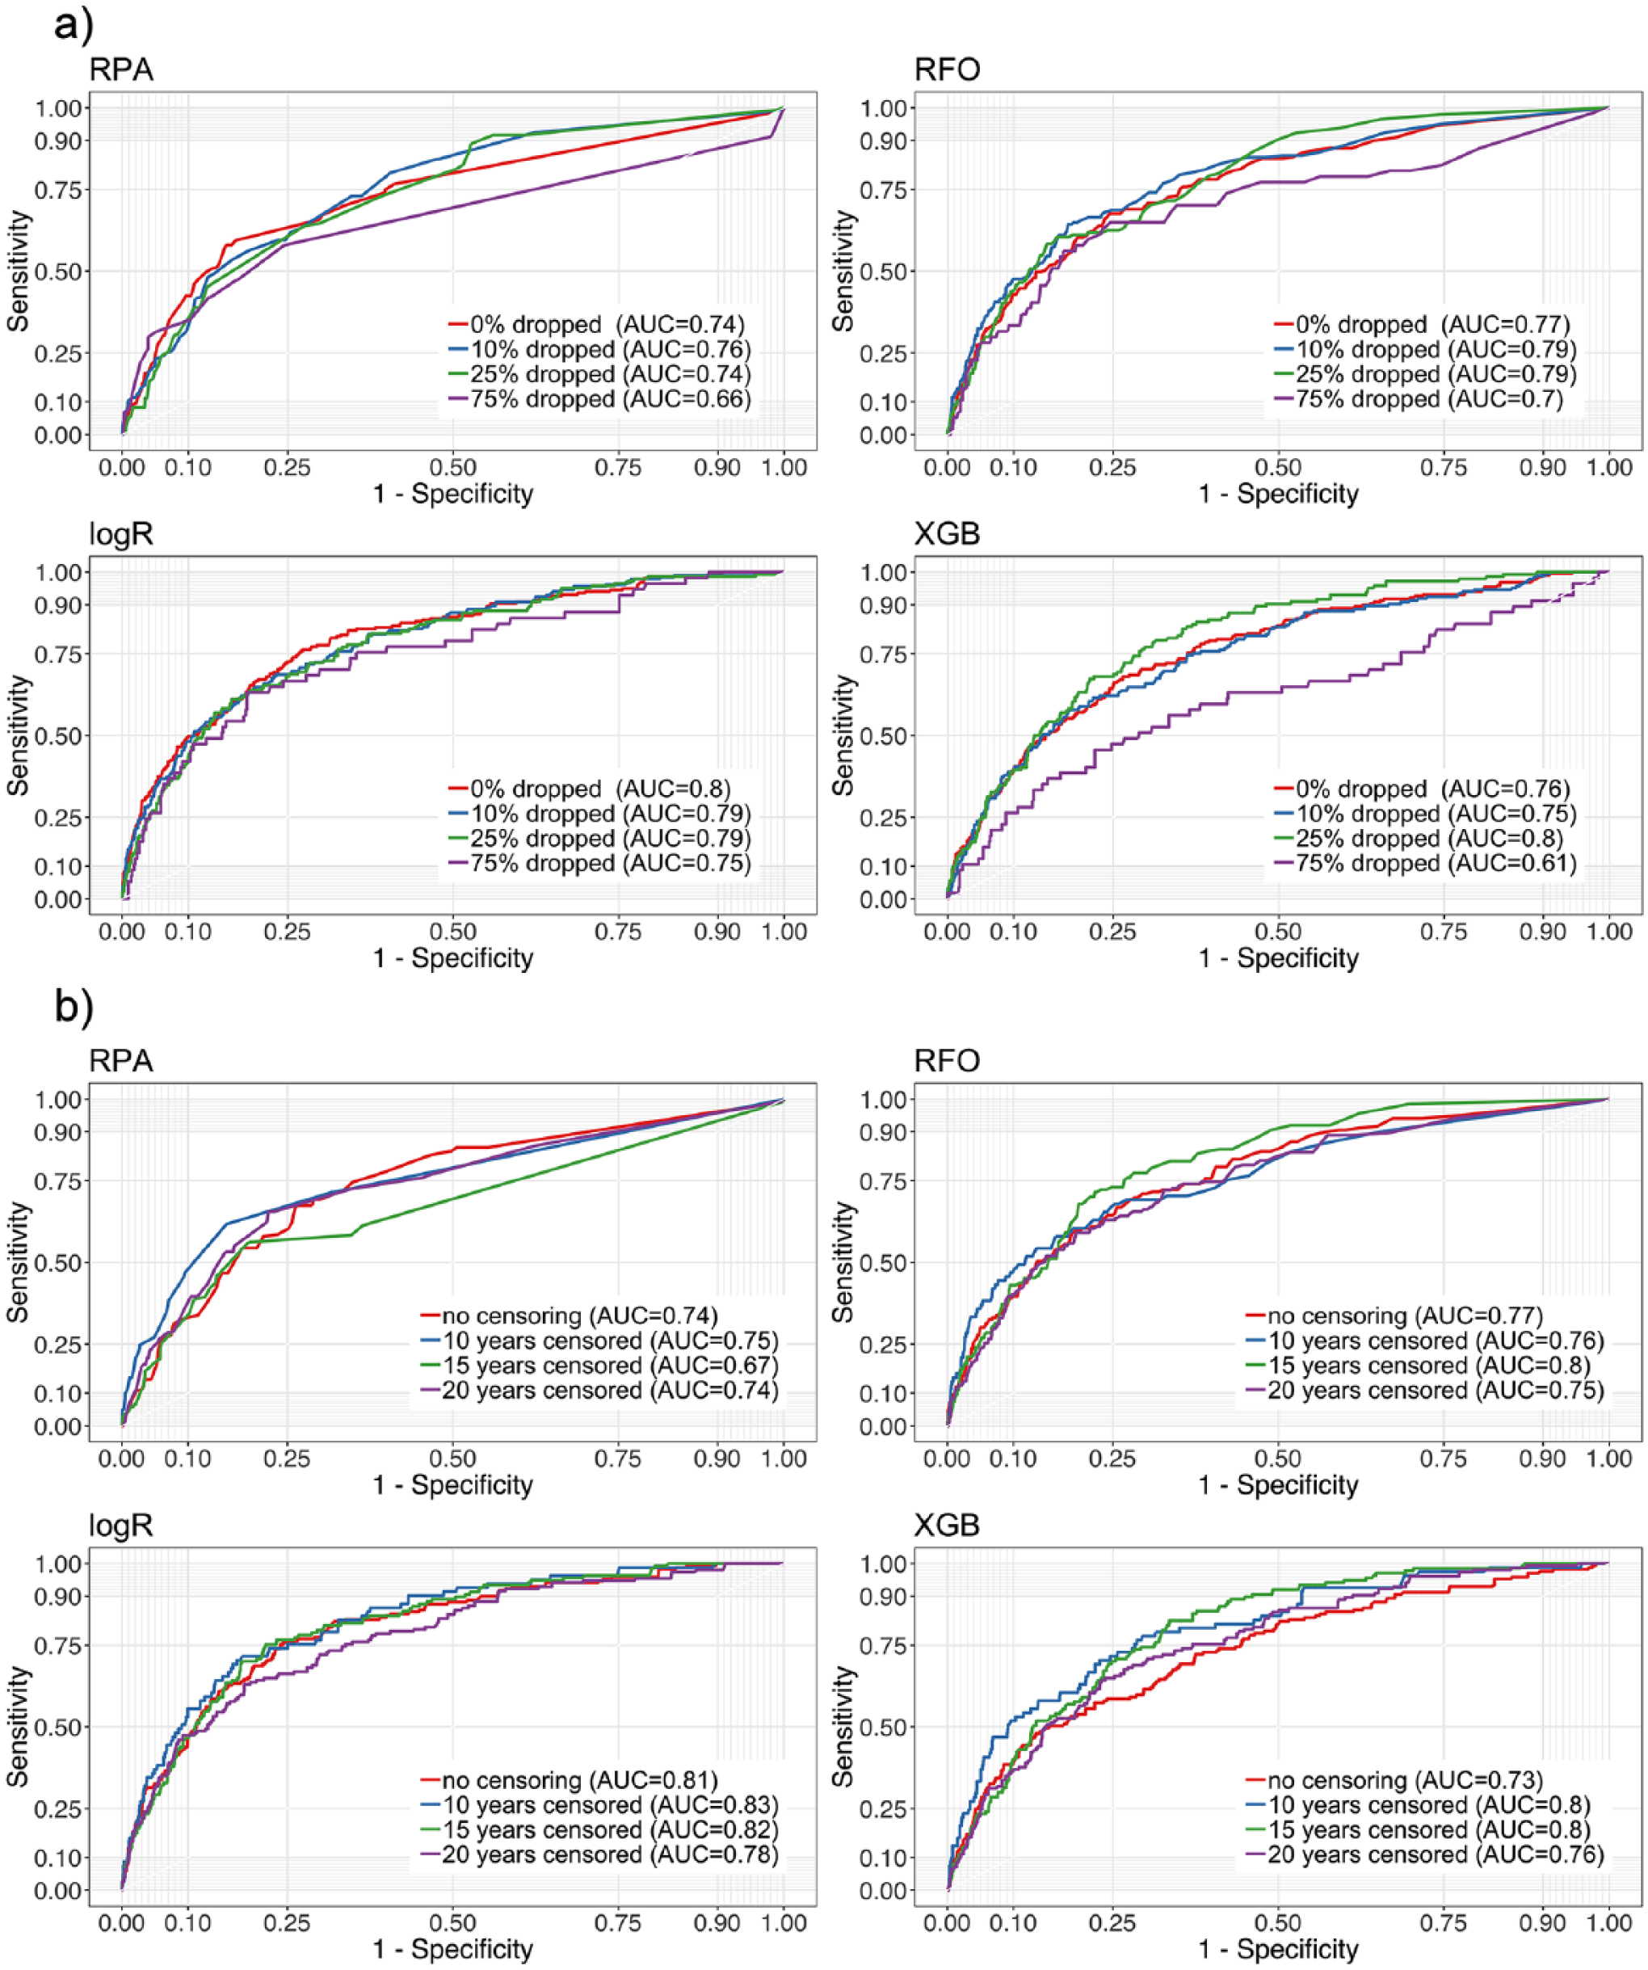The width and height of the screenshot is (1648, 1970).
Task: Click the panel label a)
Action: tap(74, 23)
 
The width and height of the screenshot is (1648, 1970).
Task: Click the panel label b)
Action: tap(74, 1006)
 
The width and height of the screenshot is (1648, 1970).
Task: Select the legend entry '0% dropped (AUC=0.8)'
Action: tap(590, 788)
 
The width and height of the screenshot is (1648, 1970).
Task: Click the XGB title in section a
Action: tap(948, 534)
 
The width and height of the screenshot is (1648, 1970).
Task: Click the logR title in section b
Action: tap(121, 1526)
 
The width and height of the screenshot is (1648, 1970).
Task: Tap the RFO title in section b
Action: tap(948, 1060)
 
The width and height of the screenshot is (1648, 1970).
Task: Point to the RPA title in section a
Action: tap(121, 69)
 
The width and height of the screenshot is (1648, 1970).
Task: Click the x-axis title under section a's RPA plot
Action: tap(453, 494)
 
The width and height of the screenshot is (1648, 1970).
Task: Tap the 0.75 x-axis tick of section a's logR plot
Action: tap(618, 932)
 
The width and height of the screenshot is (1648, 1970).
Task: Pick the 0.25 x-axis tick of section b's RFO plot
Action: tap(1112, 1458)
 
